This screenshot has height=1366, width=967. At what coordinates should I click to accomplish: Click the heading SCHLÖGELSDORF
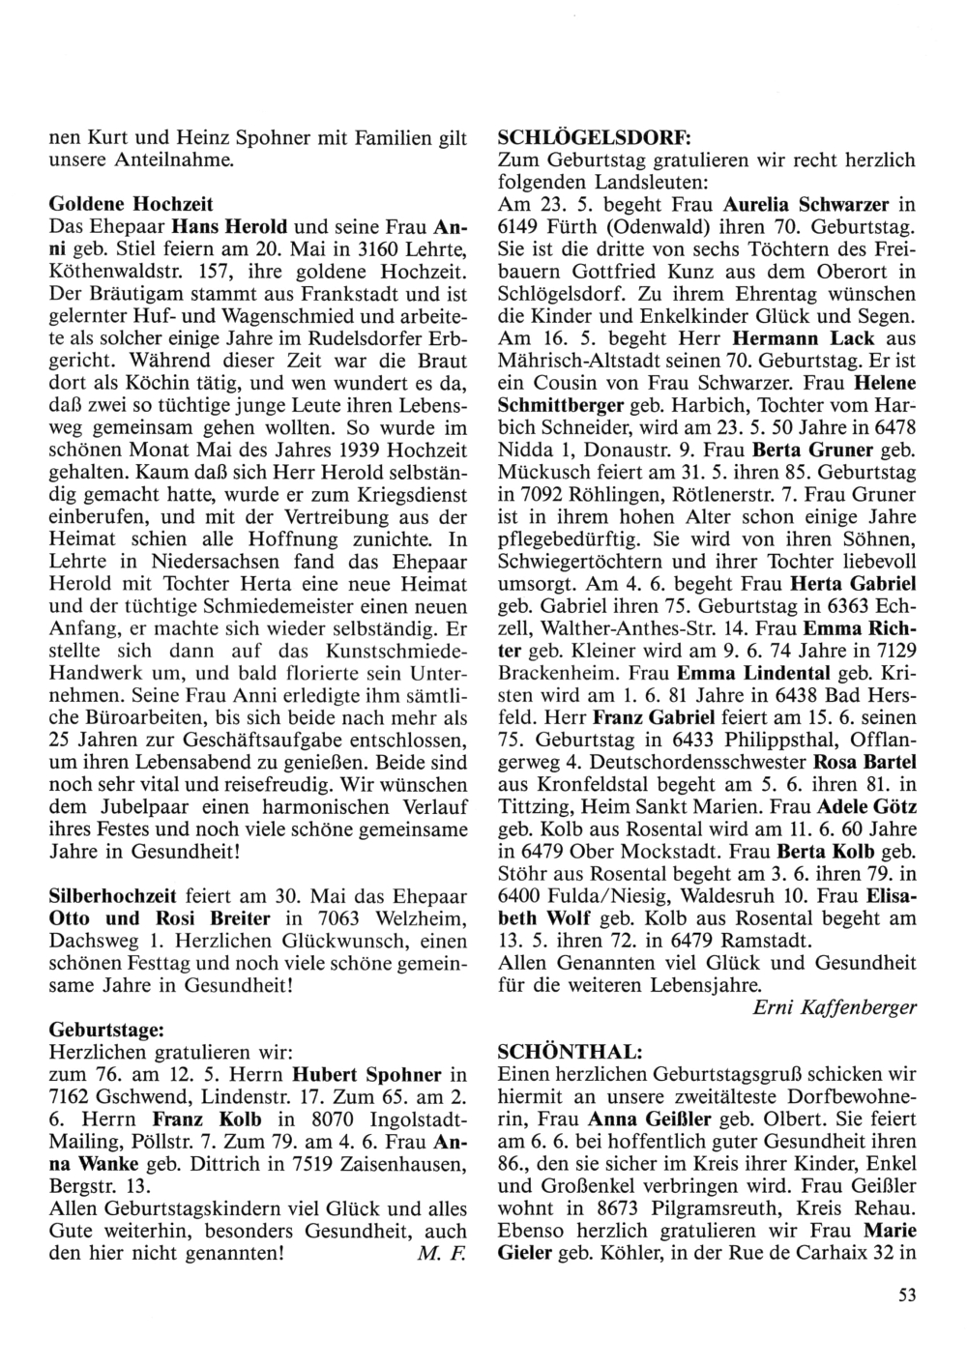click(x=573, y=138)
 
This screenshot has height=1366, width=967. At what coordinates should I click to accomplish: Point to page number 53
click(x=906, y=1296)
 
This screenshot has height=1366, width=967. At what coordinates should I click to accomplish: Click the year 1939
click(x=332, y=451)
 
